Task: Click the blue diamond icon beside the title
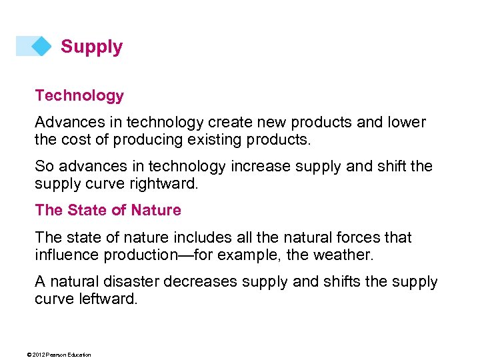tap(41, 46)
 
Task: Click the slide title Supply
tap(91, 47)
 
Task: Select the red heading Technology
tap(79, 95)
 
